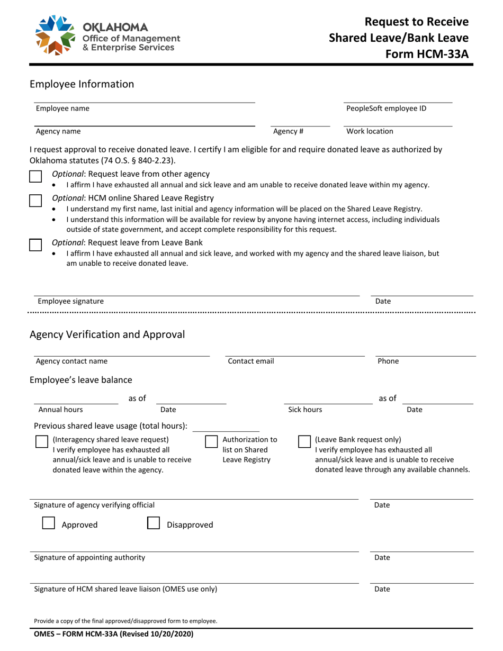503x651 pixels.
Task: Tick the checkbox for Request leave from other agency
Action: pos(35,176)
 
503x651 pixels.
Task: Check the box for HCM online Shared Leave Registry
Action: pos(35,201)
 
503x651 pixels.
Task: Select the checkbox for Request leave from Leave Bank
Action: pos(35,245)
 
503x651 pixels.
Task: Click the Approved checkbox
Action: pos(48,523)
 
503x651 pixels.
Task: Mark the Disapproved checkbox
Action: pos(154,523)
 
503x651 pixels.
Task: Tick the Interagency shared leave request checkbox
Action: pos(42,442)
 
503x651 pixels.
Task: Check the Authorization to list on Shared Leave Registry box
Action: pos(211,442)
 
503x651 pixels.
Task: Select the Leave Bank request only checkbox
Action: pos(304,442)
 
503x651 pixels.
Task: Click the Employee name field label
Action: pos(62,108)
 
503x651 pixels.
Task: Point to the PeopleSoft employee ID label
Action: pos(386,108)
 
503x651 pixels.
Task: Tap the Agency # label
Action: pos(288,131)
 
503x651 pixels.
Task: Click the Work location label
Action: pos(370,131)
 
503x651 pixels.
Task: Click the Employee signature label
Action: pos(70,301)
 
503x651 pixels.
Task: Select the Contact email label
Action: pos(251,361)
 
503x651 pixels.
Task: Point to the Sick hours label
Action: pos(305,409)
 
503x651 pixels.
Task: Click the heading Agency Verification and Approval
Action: pos(107,334)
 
